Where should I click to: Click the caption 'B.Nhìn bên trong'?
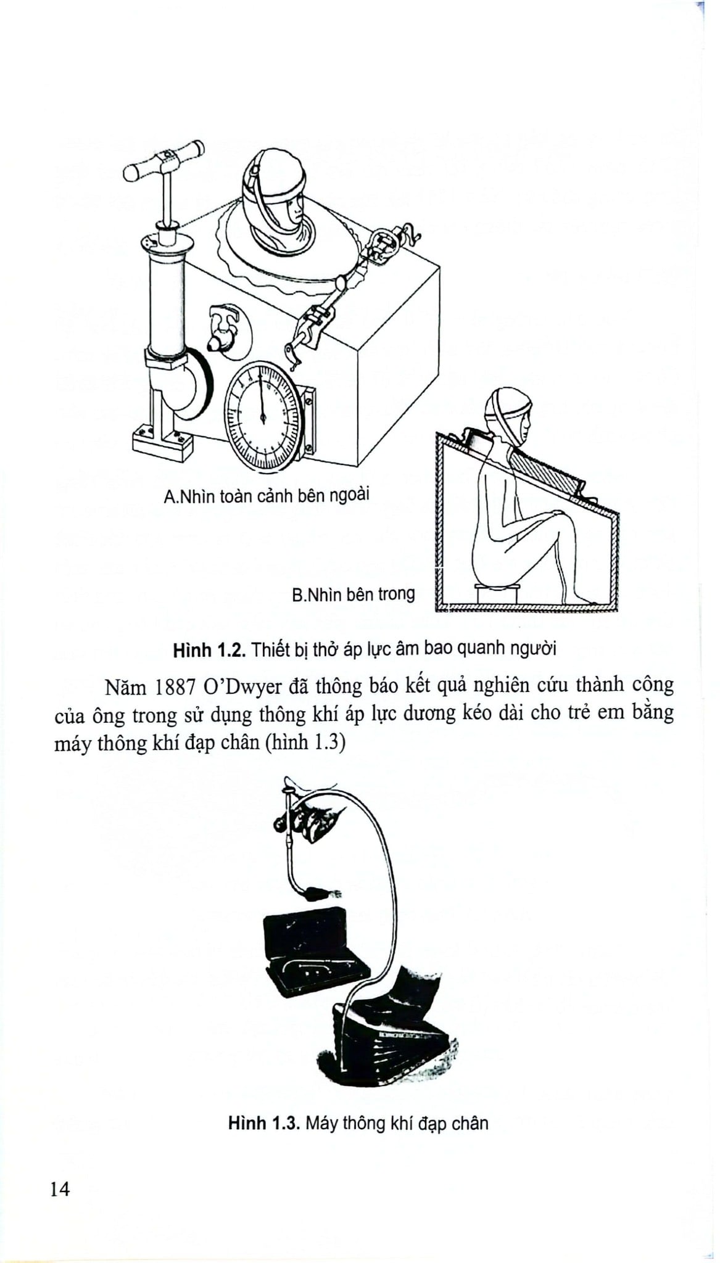pyautogui.click(x=353, y=594)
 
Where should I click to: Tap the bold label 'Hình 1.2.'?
pyautogui.click(x=210, y=649)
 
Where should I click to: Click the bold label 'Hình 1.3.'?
pyautogui.click(x=263, y=1123)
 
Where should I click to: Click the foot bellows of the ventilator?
pyautogui.click(x=395, y=1042)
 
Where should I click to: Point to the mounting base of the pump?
pyautogui.click(x=162, y=441)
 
